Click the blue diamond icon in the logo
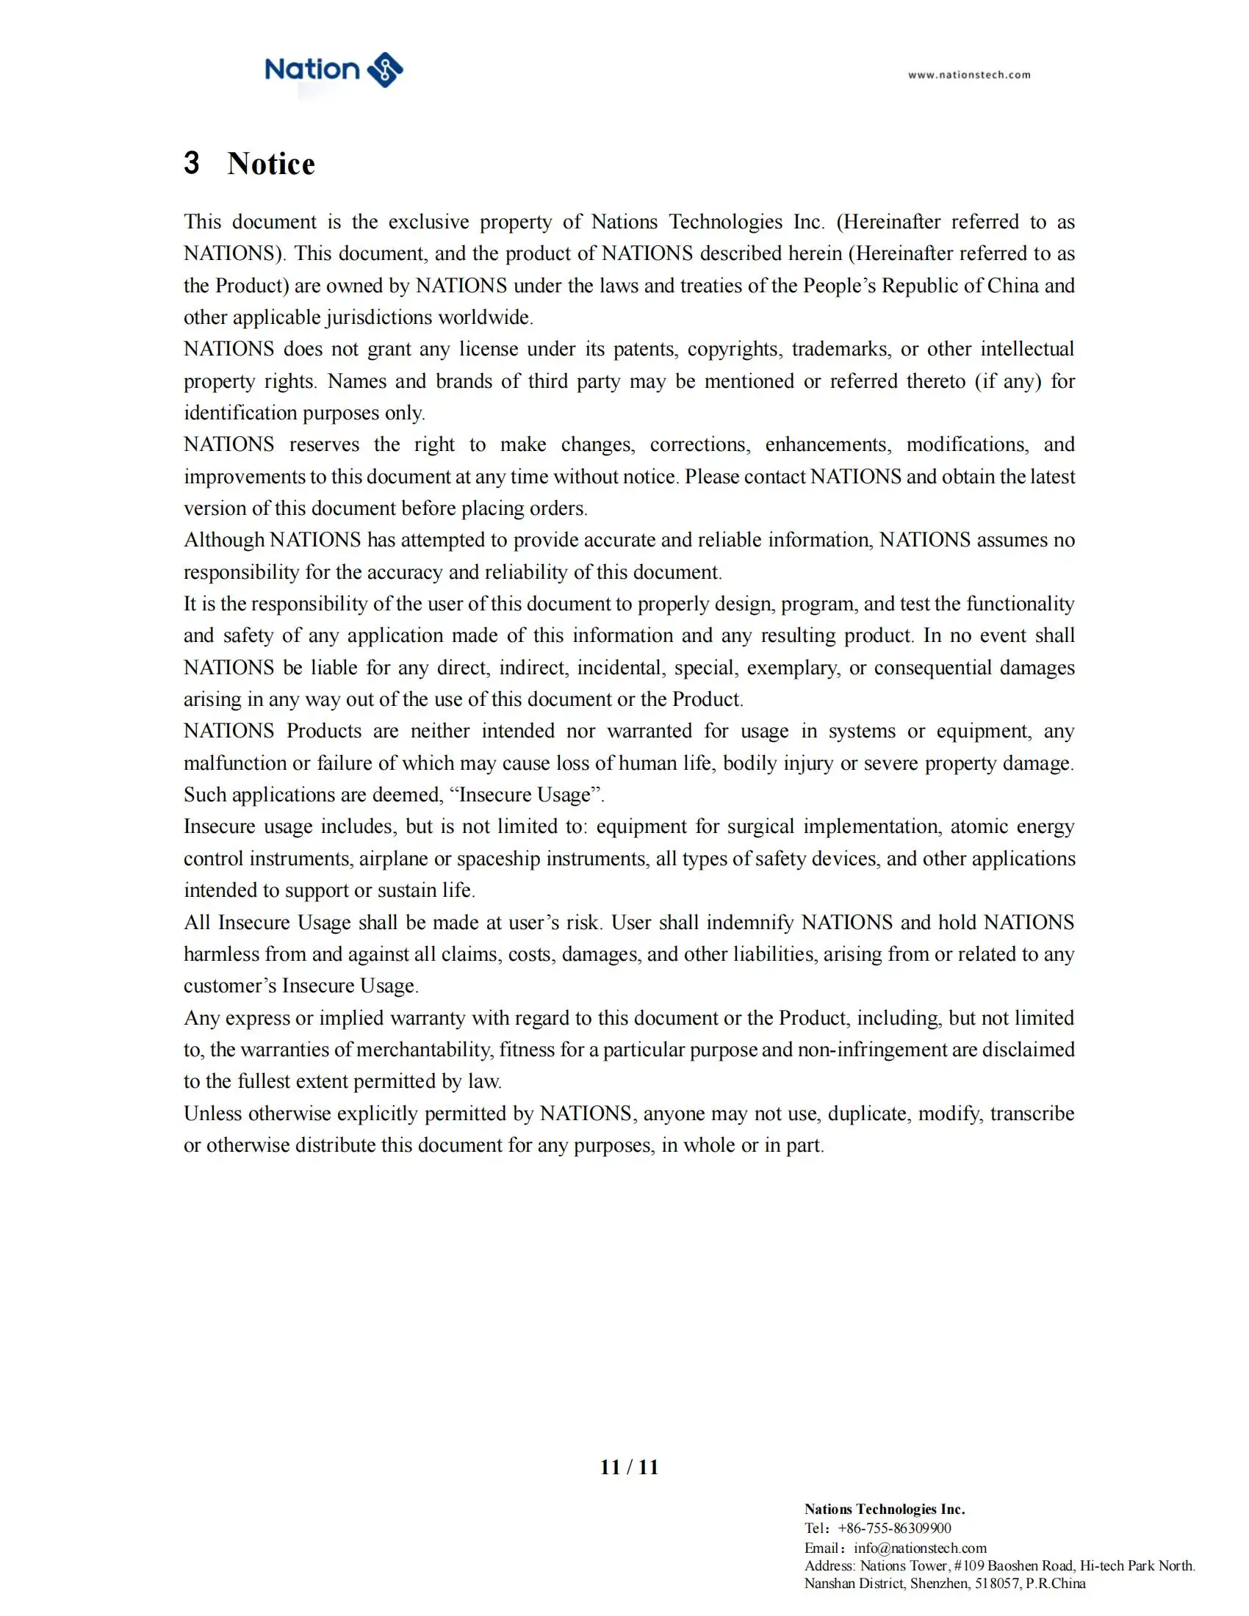tap(385, 71)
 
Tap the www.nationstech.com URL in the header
tap(968, 75)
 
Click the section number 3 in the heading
tap(192, 163)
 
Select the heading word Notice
tap(271, 164)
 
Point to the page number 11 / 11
tap(629, 1468)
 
